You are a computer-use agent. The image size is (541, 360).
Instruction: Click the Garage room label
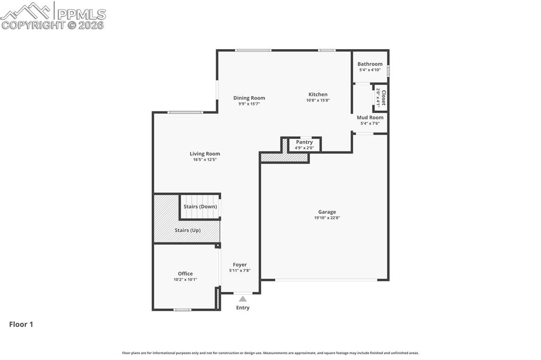(x=327, y=212)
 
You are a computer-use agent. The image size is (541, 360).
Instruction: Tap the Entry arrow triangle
(x=242, y=299)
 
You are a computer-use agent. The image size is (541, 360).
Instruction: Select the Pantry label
(x=304, y=142)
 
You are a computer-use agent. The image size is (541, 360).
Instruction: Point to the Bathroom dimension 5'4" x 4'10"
(x=370, y=70)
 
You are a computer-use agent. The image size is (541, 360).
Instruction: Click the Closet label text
(x=384, y=98)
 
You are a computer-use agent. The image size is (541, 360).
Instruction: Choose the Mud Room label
(x=370, y=118)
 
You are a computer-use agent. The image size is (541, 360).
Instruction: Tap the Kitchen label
(x=318, y=94)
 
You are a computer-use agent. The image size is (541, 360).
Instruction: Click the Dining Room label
(x=249, y=98)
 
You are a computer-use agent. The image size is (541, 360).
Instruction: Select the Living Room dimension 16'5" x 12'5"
(x=205, y=159)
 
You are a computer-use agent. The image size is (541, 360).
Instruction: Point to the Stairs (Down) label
(x=200, y=206)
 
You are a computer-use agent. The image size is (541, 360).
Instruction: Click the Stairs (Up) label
(x=188, y=230)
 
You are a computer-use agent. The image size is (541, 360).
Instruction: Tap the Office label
(x=185, y=273)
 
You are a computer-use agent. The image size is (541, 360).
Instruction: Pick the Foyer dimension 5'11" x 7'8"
(x=240, y=270)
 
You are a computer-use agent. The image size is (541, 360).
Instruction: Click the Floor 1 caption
(x=21, y=325)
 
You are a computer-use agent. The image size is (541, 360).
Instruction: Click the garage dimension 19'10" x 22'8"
(x=327, y=217)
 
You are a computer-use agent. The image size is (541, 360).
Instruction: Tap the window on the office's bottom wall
(x=182, y=309)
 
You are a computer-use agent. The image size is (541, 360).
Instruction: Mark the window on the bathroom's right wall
(x=388, y=70)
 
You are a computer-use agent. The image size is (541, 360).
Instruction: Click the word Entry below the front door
(x=242, y=308)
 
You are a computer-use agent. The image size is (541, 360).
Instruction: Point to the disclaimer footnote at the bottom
(x=270, y=353)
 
